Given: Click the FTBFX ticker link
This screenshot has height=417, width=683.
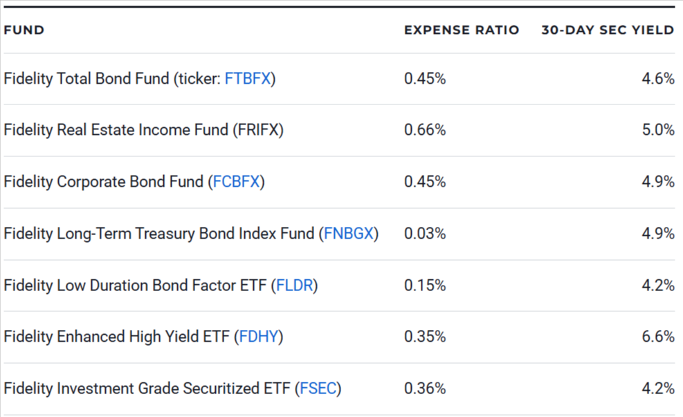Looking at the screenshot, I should (247, 78).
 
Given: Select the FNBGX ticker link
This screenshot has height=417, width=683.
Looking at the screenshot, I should (349, 234).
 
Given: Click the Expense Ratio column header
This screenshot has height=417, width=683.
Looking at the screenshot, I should (462, 30).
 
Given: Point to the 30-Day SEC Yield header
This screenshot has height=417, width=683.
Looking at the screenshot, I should (607, 30).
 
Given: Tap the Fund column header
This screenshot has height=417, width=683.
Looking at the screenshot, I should (24, 30).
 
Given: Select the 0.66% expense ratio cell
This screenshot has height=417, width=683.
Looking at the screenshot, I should (425, 130).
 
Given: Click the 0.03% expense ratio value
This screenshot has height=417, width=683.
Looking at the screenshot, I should (425, 234).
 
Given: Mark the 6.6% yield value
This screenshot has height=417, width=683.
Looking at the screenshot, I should (658, 337).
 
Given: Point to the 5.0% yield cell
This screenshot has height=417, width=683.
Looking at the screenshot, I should (658, 130).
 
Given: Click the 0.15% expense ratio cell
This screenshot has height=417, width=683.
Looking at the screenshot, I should (425, 285).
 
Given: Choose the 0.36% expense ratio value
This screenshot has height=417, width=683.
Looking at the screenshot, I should (425, 389).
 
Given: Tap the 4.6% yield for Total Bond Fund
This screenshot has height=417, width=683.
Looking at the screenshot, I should (658, 78).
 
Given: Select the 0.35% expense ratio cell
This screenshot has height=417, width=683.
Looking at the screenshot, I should (425, 337).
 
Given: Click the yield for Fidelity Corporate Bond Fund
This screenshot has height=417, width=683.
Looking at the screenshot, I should (658, 182).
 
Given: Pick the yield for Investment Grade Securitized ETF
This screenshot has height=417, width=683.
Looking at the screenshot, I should (658, 389).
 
